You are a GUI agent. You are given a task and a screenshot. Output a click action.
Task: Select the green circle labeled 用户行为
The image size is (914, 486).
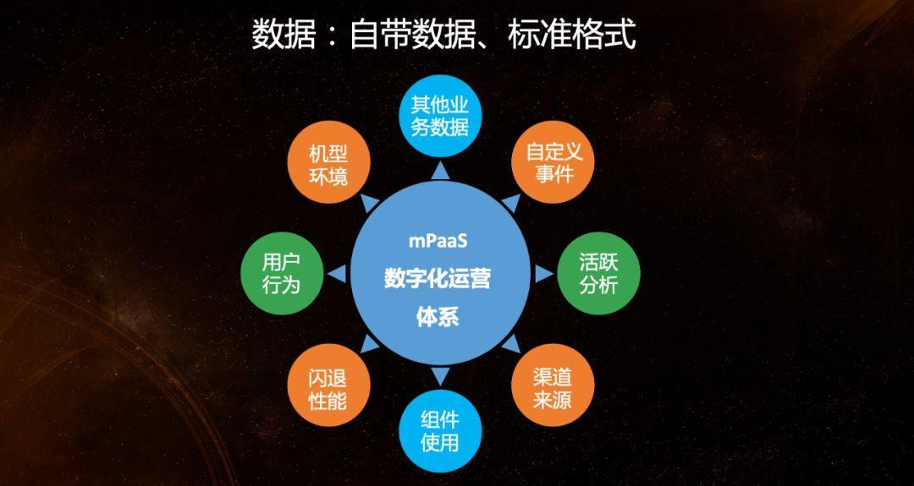tap(280, 273)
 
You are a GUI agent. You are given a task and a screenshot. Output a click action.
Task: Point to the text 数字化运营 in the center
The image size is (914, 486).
tap(437, 279)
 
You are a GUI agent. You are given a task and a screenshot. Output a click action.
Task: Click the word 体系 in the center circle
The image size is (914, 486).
tap(437, 318)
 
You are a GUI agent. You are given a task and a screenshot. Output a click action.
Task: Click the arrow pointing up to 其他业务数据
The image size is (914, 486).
tap(439, 172)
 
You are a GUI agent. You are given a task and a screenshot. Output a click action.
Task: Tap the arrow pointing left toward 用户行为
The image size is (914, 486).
tap(335, 273)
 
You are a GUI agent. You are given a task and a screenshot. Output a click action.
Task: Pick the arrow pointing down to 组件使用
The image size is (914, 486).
tap(439, 376)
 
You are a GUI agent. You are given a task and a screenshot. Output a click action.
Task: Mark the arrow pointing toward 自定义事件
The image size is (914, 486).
tap(510, 201)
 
